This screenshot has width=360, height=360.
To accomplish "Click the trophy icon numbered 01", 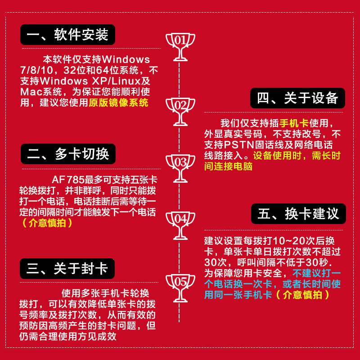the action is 180,45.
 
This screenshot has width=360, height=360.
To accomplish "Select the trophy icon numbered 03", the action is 180,166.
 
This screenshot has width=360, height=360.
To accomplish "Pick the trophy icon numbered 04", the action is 180,224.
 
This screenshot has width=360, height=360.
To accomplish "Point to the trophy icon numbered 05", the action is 180,287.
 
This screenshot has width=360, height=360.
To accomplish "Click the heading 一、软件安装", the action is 67,34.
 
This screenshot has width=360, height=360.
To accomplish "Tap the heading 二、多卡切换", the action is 68,154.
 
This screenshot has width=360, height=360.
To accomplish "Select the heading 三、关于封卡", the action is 67,269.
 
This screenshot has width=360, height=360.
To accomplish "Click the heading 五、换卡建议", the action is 298,213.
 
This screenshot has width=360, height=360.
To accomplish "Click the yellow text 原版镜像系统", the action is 118,103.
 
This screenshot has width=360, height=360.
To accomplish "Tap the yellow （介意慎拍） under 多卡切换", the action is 47,223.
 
